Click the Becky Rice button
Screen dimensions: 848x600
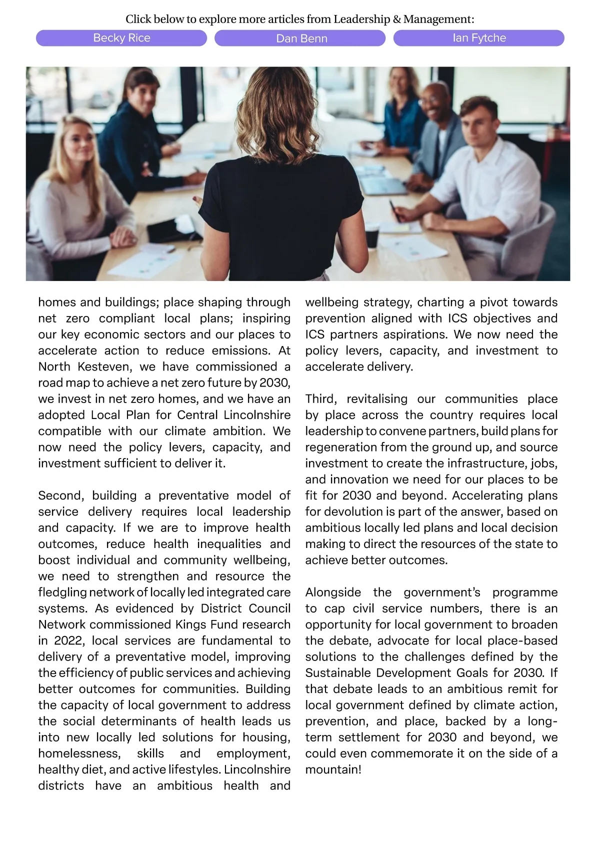point(121,38)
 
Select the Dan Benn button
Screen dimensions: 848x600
point(300,38)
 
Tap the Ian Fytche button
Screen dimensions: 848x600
point(478,38)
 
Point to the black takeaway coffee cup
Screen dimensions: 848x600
point(372,236)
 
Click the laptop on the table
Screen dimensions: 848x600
point(384,186)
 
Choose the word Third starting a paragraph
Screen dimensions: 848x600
point(321,398)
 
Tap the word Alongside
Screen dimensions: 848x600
point(333,592)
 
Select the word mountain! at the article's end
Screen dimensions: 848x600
point(333,769)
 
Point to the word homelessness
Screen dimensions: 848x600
point(79,753)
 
